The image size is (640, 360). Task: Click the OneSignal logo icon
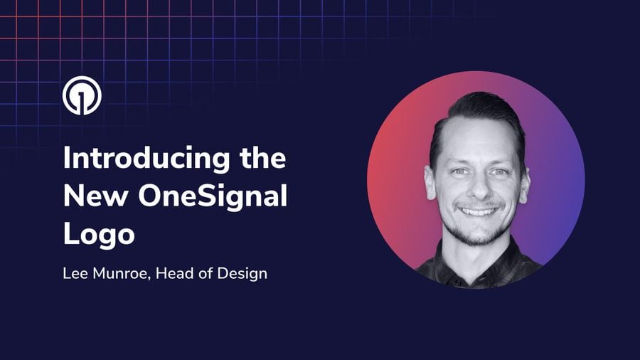pyautogui.click(x=82, y=95)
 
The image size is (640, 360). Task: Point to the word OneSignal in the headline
pyautogui.click(x=206, y=196)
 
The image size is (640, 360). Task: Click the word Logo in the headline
pyautogui.click(x=98, y=235)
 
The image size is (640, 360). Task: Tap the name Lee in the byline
pyautogui.click(x=75, y=272)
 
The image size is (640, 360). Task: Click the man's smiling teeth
pyautogui.click(x=481, y=211)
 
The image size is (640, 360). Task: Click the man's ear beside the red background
pyautogui.click(x=430, y=181)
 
